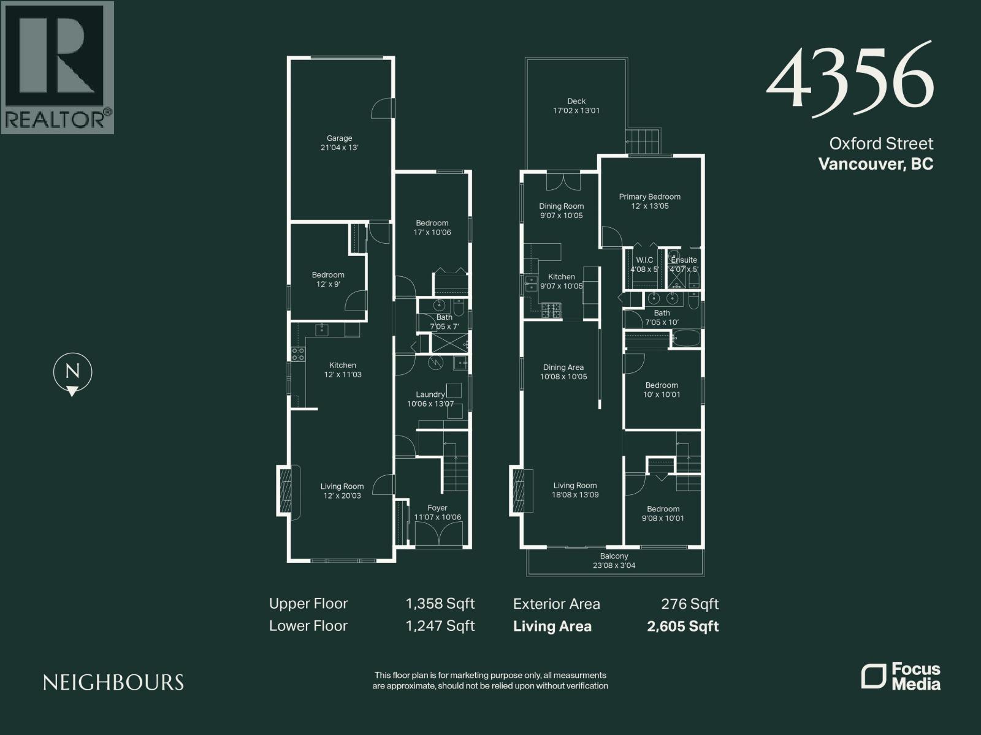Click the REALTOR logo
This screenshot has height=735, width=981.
(x=58, y=67)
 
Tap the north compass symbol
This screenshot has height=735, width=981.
(x=72, y=372)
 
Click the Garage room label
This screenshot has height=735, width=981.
(x=339, y=138)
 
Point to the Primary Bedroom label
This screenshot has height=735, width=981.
(x=649, y=197)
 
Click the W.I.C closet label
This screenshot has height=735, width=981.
(x=644, y=260)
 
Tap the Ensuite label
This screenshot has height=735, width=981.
(x=684, y=260)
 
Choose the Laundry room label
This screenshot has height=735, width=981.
(x=430, y=394)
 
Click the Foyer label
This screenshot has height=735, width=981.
(x=437, y=508)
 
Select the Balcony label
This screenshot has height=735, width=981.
(x=614, y=556)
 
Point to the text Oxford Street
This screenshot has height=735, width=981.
(x=881, y=144)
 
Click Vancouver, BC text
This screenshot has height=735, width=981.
(x=876, y=164)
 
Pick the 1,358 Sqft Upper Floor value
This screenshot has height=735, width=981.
(x=440, y=604)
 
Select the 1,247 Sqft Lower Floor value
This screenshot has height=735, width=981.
(x=440, y=626)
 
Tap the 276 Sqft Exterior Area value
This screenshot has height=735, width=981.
(x=689, y=604)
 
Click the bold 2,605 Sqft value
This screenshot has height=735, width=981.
(x=682, y=626)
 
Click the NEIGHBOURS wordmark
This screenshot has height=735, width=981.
(x=113, y=682)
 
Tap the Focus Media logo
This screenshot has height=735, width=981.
(x=901, y=676)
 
